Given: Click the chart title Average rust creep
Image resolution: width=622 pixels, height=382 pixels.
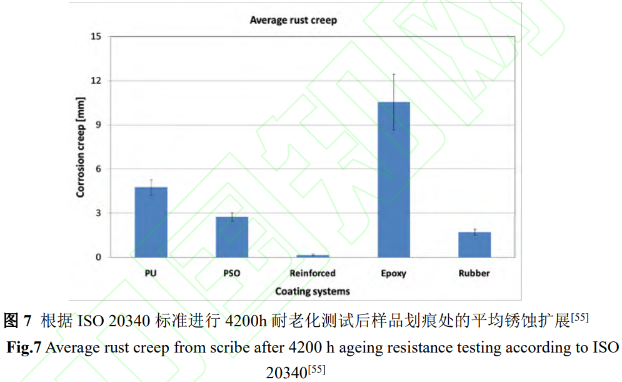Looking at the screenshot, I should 293,20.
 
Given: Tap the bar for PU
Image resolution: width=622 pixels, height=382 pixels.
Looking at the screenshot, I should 151,222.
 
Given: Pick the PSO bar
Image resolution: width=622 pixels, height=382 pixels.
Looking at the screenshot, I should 232,237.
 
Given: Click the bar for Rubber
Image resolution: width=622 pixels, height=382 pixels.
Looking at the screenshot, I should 474,244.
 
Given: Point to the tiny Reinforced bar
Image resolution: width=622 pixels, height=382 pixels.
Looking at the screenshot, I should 313,256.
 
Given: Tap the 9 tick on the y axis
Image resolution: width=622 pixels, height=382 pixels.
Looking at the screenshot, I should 98,125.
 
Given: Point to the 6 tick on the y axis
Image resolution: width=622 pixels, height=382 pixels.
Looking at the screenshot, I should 98,169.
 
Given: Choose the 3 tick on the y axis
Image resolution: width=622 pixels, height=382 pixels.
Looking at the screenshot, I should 98,213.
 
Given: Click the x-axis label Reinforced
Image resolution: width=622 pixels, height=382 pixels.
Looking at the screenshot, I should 313,273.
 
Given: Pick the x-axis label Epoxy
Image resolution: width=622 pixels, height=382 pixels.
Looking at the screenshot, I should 394,273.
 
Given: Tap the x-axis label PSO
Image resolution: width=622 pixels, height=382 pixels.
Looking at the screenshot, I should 232,273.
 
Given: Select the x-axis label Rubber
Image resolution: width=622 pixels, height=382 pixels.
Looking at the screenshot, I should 474,273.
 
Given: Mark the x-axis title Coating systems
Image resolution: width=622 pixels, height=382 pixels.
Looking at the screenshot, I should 313,291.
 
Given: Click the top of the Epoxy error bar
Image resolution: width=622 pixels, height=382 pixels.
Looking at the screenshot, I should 394,74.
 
